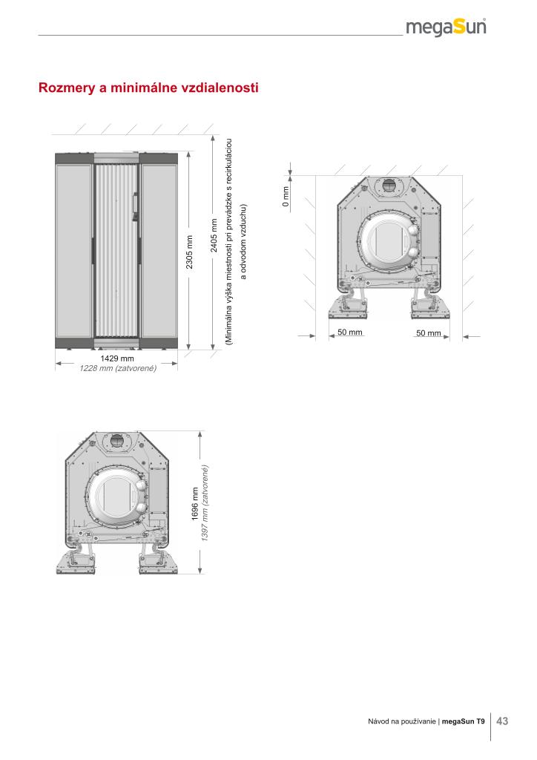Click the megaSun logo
tap(446, 27)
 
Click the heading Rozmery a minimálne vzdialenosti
tap(148, 88)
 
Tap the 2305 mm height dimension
tap(189, 252)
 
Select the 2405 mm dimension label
tap(214, 235)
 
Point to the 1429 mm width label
tap(116, 358)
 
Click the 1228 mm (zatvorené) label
tap(118, 368)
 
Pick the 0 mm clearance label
tap(286, 197)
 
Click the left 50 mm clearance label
tap(349, 332)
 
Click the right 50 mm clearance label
tap(429, 333)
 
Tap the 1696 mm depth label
tap(194, 504)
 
